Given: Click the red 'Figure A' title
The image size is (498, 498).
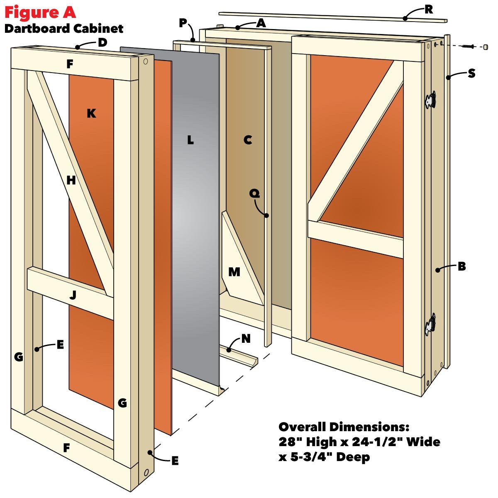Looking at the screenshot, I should [x=40, y=12].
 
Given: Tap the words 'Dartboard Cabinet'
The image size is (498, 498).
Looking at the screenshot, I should [x=64, y=29].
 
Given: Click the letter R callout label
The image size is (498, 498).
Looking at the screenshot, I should [x=429, y=10].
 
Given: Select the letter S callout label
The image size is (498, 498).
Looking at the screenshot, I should [x=471, y=73].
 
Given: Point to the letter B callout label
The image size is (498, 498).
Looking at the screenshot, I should [x=461, y=267].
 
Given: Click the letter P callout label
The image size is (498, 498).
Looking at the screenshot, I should [x=183, y=23].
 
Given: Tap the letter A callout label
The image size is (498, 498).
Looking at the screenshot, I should [x=261, y=23].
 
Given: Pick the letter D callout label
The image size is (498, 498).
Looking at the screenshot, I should [x=103, y=42].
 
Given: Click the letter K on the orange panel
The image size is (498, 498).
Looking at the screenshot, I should [x=91, y=113].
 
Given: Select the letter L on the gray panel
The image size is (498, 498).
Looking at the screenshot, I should [x=190, y=140].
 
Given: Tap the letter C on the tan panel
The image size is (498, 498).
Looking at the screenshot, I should [x=248, y=140].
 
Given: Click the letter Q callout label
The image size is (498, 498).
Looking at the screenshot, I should [x=254, y=193].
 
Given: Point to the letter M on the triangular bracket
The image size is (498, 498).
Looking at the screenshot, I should [x=234, y=272].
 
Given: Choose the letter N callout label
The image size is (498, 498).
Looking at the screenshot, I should [x=246, y=339].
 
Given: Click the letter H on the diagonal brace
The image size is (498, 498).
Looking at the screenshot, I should [x=71, y=181].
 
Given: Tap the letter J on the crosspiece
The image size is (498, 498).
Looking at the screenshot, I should [x=73, y=295].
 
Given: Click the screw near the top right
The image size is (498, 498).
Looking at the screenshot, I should [x=468, y=46].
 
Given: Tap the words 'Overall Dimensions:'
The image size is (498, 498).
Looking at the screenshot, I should [x=344, y=427].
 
